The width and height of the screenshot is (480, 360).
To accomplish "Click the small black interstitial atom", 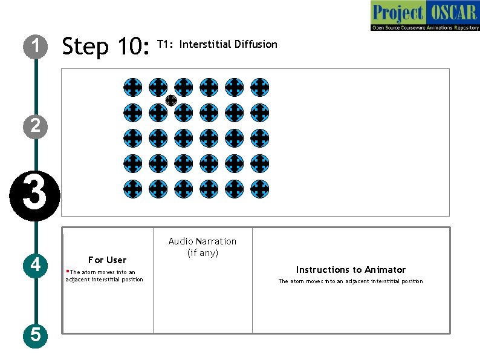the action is [x=171, y=100].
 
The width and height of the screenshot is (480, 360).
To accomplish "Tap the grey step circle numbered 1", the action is [x=36, y=47].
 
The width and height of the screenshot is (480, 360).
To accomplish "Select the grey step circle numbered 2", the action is [x=36, y=126].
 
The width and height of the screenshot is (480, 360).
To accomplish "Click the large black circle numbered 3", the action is [x=35, y=196].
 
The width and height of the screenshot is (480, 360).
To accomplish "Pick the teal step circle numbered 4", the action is [x=36, y=266].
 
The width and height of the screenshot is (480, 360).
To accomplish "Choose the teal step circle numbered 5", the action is [x=36, y=335].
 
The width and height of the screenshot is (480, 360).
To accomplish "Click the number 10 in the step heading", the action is [x=134, y=46].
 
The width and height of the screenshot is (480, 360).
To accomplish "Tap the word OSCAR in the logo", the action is [x=453, y=12].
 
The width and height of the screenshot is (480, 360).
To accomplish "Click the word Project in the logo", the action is [x=398, y=13].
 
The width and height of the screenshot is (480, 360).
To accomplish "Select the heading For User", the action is [x=107, y=260].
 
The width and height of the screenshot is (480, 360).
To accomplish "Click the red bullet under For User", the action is [x=68, y=271].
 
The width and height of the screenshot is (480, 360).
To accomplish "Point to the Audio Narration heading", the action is [x=203, y=241].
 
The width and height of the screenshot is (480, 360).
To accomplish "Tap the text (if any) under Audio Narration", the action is [x=203, y=253].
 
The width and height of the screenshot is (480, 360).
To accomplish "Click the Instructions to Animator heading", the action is [x=351, y=270].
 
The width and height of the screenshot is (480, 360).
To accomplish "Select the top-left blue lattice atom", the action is [x=133, y=87].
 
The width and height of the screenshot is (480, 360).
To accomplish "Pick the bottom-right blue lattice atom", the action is [x=259, y=189].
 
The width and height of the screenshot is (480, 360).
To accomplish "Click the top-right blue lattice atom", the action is [x=259, y=87].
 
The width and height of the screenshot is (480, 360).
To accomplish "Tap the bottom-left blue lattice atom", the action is [x=133, y=189].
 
